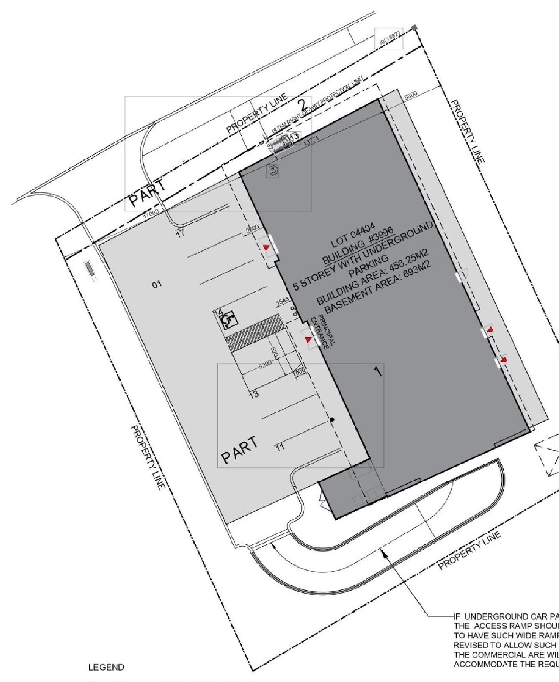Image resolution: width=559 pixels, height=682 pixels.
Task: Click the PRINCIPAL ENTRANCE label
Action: (325, 330)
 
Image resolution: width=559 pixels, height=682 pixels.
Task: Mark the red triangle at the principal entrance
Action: (308, 339)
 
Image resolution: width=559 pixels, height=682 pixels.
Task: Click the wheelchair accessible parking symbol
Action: (228, 321)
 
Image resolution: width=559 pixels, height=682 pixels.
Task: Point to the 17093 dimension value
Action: (153, 213)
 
